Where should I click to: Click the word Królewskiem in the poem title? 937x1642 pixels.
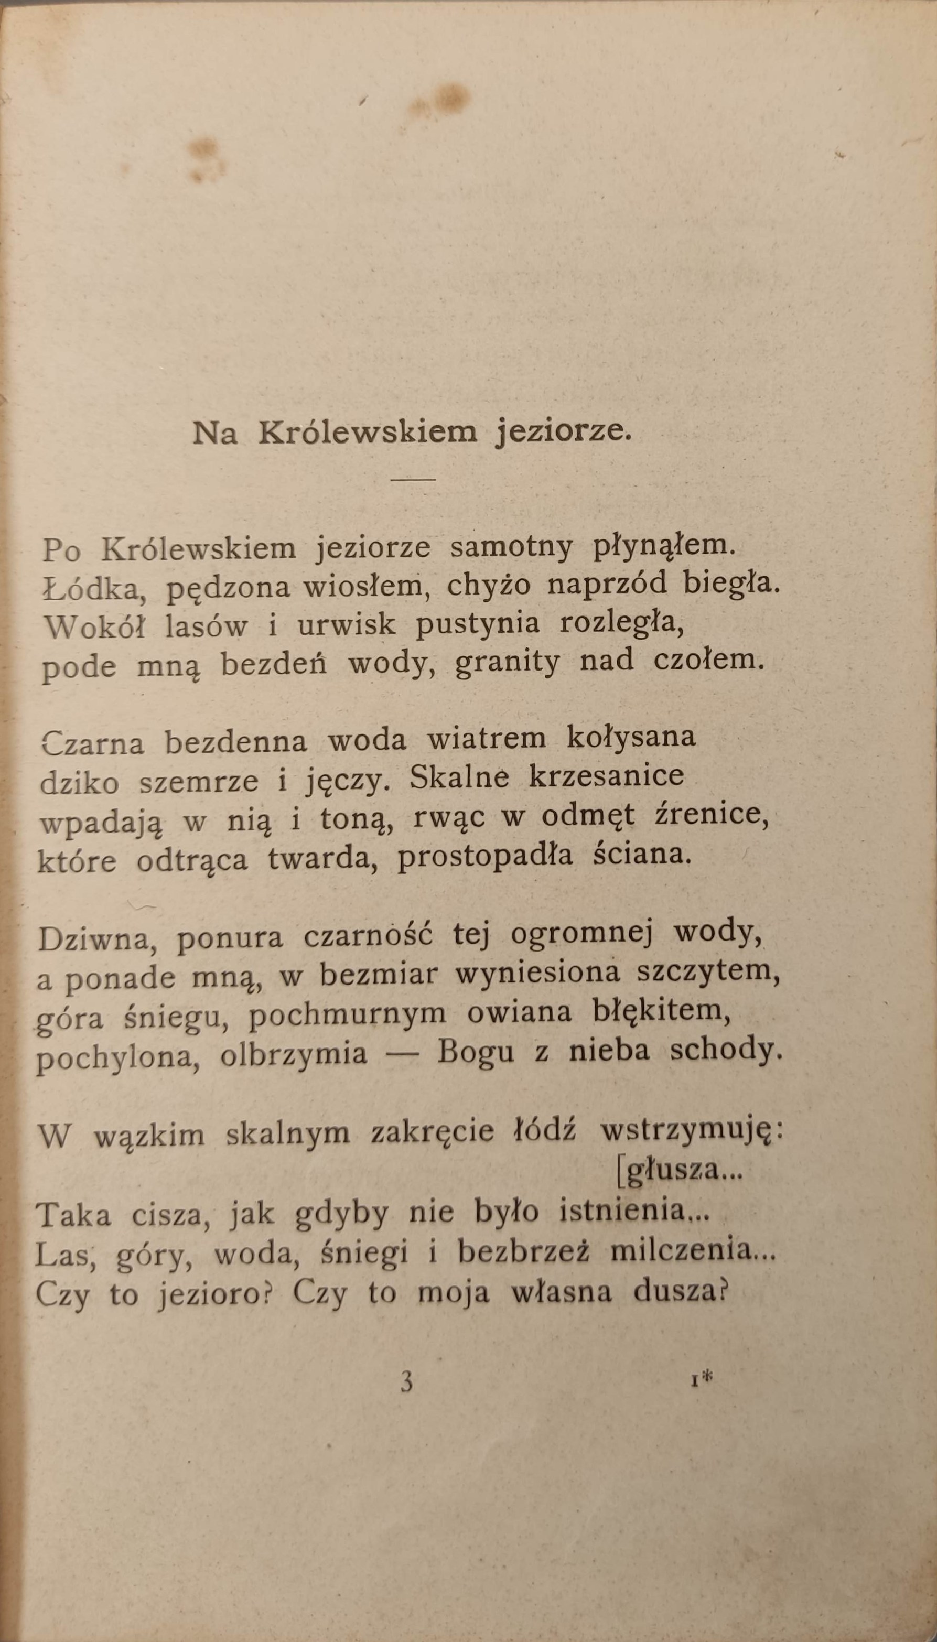[x=368, y=433]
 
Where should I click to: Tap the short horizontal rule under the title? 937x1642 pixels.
[x=413, y=479]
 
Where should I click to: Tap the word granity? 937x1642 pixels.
[x=507, y=663]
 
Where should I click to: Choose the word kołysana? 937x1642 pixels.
[x=631, y=737]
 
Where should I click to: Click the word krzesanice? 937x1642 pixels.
[x=606, y=776]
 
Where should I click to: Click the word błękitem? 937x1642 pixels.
[x=662, y=1014]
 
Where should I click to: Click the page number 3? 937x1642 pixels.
[x=406, y=1382]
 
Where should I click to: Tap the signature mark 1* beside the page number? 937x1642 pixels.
[x=703, y=1379]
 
